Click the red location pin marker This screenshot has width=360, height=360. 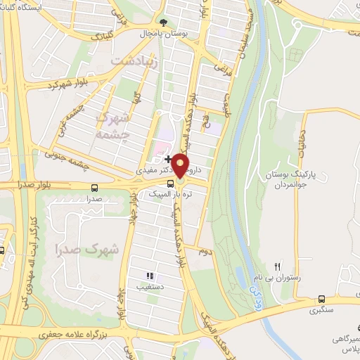point(181,166)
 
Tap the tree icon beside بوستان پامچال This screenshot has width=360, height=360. point(165,23)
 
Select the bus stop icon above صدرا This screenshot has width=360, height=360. point(95,187)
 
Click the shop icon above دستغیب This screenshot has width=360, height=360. point(148,276)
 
